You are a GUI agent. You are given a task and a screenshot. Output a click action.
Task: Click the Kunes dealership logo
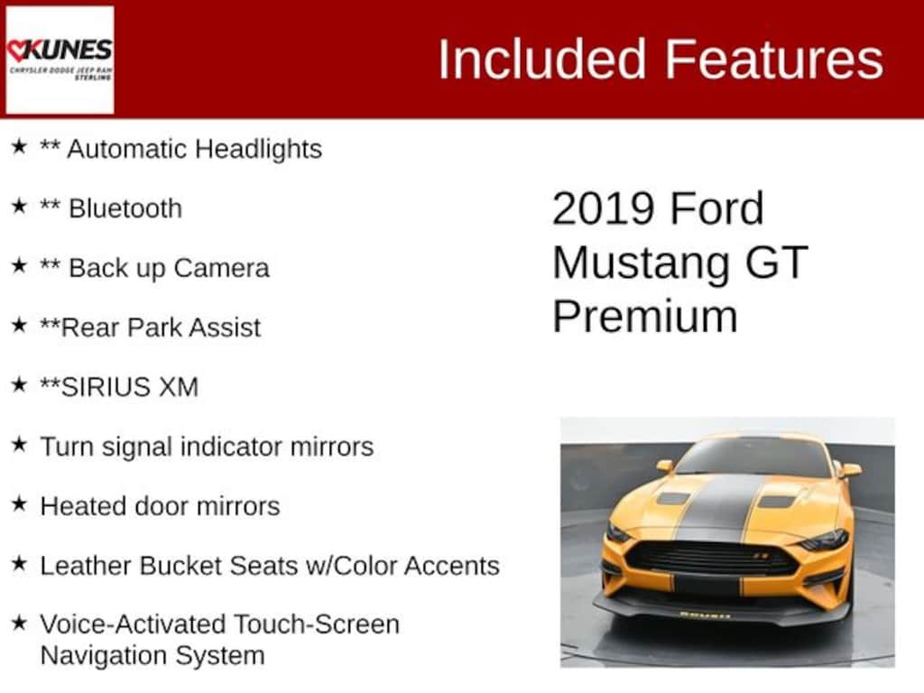coord(60,60)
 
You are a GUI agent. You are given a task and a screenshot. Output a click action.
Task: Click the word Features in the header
coord(774,60)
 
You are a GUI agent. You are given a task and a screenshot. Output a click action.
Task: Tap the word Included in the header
coord(543,60)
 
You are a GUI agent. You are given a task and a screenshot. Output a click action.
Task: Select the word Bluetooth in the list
coord(125,208)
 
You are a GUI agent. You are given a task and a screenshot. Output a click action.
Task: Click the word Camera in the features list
coord(221,268)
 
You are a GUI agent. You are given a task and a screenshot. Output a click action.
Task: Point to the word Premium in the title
coord(644,317)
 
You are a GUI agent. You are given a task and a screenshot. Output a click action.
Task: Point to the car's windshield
coord(753,458)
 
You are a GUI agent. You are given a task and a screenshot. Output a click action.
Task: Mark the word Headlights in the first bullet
coord(259,148)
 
